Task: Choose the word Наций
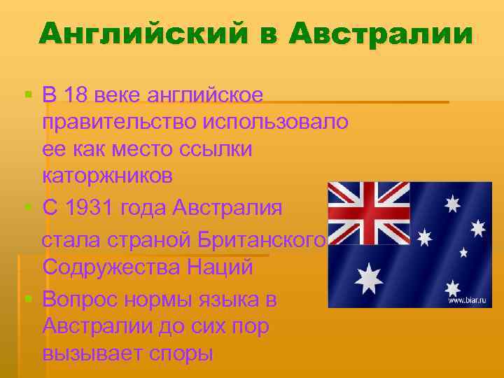tap(222, 267)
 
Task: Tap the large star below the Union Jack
tap(368, 278)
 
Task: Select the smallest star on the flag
tap(463, 252)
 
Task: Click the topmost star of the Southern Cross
tap(454, 202)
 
